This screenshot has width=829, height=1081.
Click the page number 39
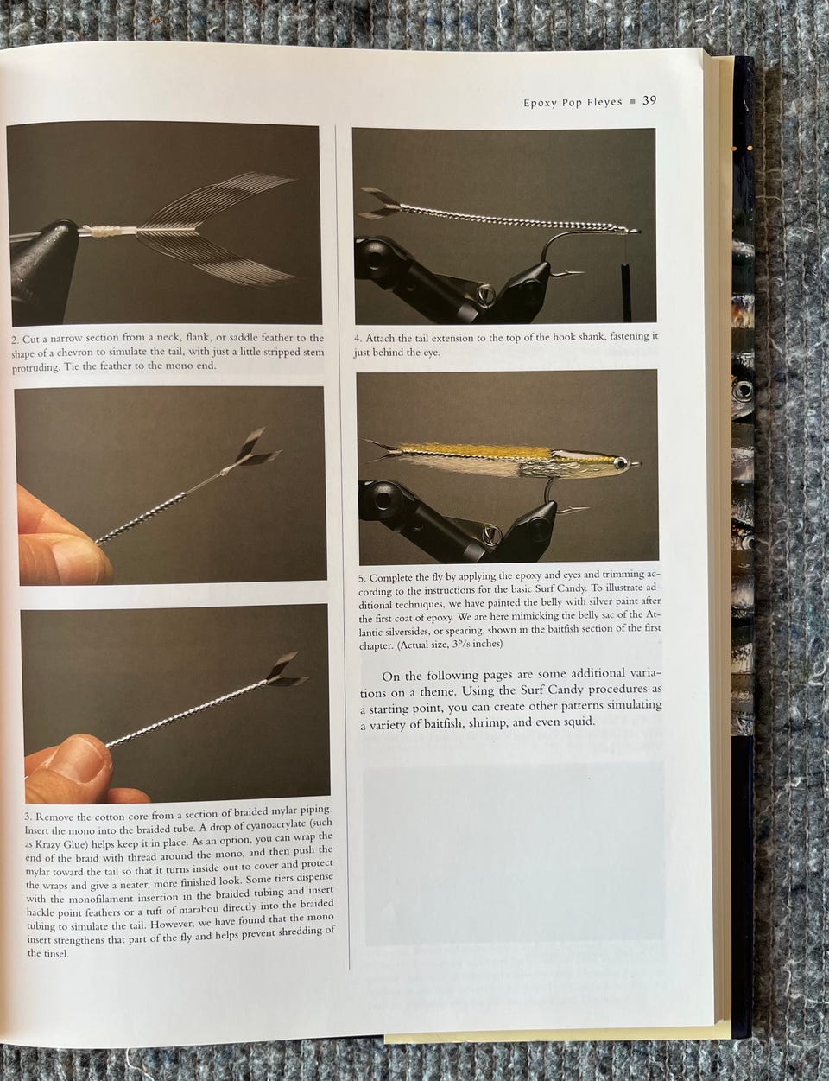point(649,100)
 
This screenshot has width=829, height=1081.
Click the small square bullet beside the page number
point(632,101)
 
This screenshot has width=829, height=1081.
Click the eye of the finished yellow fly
point(619,463)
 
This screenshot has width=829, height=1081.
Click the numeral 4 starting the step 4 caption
point(357,339)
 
